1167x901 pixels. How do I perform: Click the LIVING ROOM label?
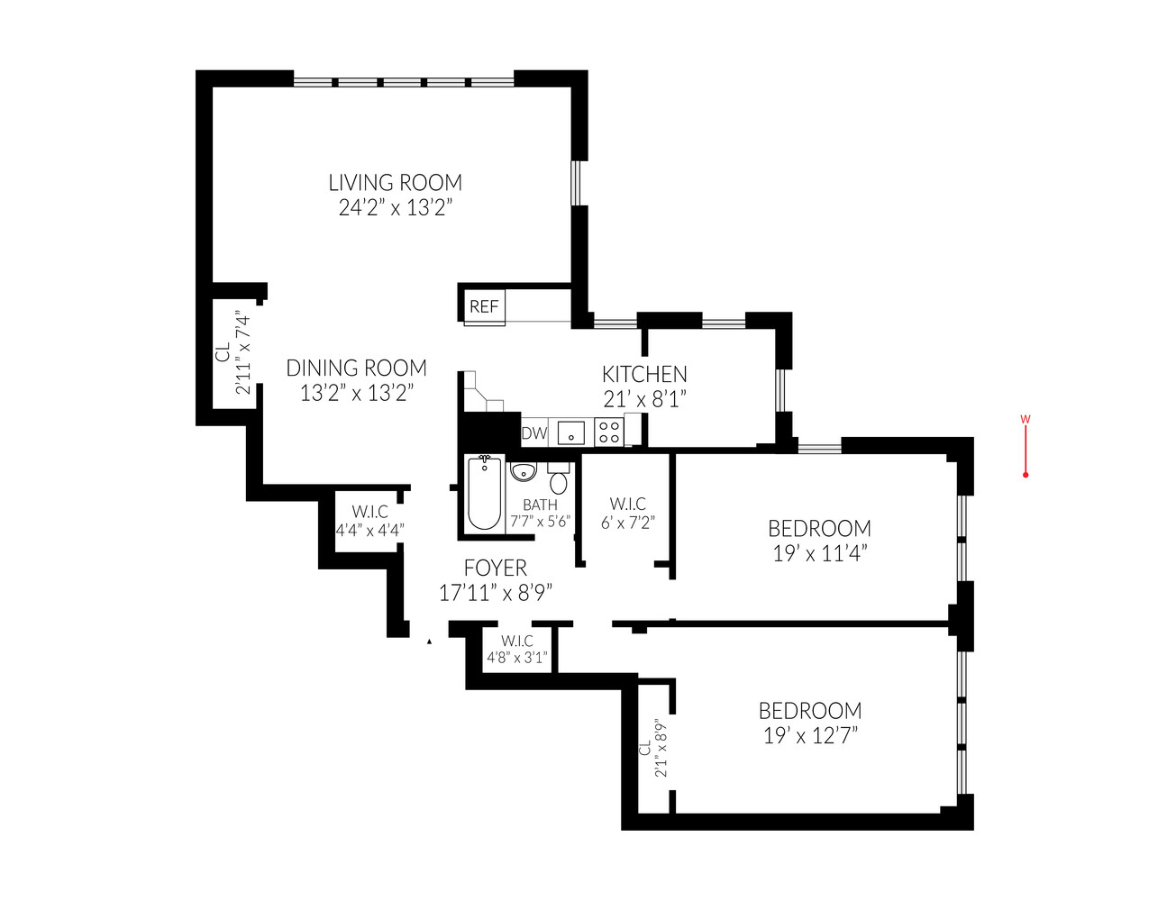click(395, 183)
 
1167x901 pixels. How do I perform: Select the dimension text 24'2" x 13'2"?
click(395, 208)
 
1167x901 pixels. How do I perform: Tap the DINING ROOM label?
click(356, 369)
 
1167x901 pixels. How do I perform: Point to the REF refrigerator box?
click(484, 306)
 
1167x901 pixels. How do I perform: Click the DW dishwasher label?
click(534, 433)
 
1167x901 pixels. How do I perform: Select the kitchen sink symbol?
click(570, 433)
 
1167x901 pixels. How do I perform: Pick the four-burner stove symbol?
click(609, 432)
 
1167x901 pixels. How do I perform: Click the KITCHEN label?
click(644, 374)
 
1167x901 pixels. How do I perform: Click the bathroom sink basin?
click(524, 471)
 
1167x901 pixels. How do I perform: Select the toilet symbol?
click(559, 478)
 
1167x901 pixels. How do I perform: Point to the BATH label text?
click(540, 505)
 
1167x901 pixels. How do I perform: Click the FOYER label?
click(495, 569)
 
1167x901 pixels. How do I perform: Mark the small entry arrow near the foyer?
click(429, 642)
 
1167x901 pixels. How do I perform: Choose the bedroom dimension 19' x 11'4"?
click(819, 554)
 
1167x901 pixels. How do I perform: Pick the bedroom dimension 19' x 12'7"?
click(810, 736)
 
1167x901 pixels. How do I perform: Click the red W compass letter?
click(1026, 419)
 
